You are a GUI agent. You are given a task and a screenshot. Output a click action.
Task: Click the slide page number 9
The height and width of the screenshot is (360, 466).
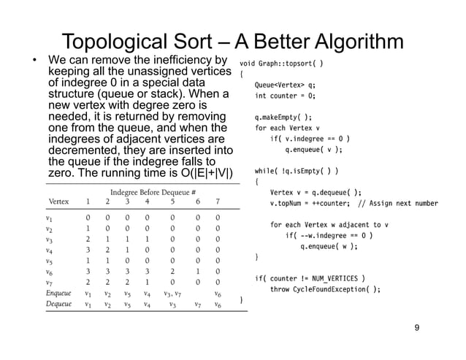pyautogui.click(x=416, y=329)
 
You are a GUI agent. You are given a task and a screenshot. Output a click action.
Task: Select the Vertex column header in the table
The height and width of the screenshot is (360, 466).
pyautogui.click(x=59, y=202)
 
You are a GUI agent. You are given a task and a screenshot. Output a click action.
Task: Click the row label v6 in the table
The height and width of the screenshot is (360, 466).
pyautogui.click(x=52, y=270)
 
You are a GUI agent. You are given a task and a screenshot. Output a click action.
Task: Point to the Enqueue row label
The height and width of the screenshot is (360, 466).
pyautogui.click(x=58, y=294)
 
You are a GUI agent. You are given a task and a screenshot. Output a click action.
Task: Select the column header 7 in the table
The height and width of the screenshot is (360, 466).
pyautogui.click(x=217, y=202)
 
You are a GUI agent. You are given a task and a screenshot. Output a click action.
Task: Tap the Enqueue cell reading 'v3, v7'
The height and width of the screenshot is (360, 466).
pyautogui.click(x=172, y=294)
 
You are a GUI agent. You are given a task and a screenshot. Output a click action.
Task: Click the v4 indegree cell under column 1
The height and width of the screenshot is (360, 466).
pyautogui.click(x=88, y=248)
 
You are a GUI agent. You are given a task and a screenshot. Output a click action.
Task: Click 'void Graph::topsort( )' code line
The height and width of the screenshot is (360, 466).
pyautogui.click(x=282, y=62)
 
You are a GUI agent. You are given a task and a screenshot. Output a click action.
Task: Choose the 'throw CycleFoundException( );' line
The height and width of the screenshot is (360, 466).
pyautogui.click(x=325, y=289)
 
